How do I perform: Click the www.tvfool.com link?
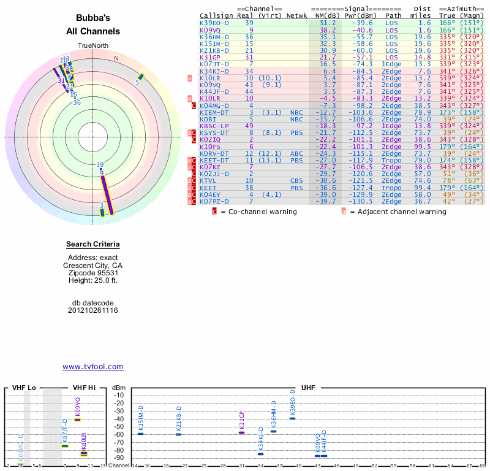pyautogui.click(x=92, y=367)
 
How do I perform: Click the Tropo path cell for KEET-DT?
pyautogui.click(x=393, y=160)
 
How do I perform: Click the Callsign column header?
pyautogui.click(x=216, y=15)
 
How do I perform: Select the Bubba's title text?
pyautogui.click(x=93, y=18)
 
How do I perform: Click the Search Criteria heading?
pyautogui.click(x=93, y=244)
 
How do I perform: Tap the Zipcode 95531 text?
pyautogui.click(x=93, y=273)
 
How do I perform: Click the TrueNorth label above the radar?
pyautogui.click(x=92, y=47)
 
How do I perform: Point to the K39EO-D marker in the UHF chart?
pyautogui.click(x=292, y=418)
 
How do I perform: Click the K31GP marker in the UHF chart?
pyautogui.click(x=241, y=432)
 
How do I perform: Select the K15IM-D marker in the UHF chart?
pyautogui.click(x=140, y=434)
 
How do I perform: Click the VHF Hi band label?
pyautogui.click(x=84, y=388)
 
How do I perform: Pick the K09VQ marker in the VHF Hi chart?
pyautogui.click(x=78, y=419)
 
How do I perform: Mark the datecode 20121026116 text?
pyautogui.click(x=93, y=310)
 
